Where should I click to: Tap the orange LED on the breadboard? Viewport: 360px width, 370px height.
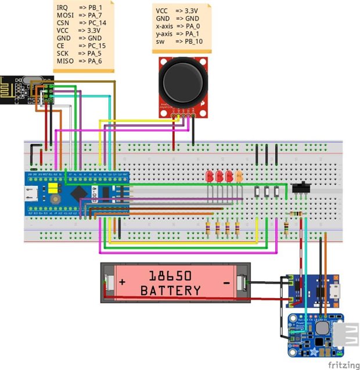[238, 175]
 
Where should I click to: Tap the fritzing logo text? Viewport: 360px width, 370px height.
[342, 365]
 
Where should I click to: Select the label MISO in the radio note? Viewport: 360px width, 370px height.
[64, 61]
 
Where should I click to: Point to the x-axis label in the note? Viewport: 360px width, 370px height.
[165, 26]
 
